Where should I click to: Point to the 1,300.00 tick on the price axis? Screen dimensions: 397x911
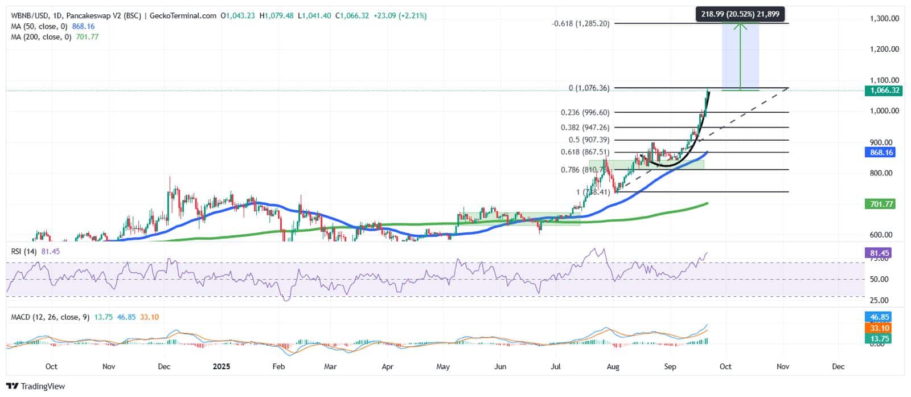click(884, 18)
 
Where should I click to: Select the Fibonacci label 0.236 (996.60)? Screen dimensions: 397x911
click(585, 113)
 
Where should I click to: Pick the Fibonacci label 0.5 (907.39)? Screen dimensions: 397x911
click(589, 140)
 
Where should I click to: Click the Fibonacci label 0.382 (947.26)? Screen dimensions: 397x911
click(585, 128)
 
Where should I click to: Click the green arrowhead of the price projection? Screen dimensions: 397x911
click(740, 25)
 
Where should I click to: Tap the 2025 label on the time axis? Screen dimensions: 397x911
click(221, 366)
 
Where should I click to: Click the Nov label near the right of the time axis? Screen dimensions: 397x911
click(782, 366)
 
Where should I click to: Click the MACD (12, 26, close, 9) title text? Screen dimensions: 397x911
click(50, 317)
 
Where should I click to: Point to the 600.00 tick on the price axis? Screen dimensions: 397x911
click(884, 235)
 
